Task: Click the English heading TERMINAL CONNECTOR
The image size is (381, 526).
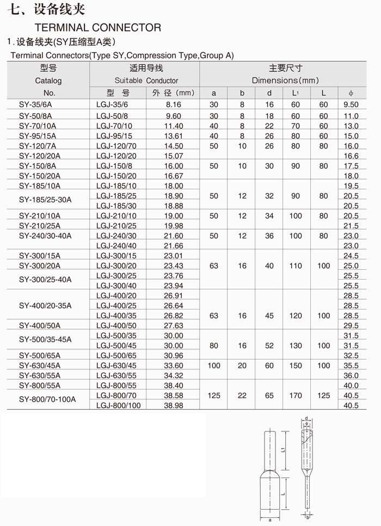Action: (x=98, y=27)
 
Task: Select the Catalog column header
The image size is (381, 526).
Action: (x=48, y=81)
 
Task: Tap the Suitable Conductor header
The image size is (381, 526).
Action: (x=146, y=81)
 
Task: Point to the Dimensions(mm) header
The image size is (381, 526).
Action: (x=285, y=81)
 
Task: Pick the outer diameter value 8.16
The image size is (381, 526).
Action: (x=173, y=104)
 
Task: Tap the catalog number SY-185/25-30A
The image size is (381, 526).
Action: (x=45, y=200)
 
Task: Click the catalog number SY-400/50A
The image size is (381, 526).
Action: (x=39, y=325)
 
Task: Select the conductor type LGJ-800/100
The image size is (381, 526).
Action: (x=118, y=406)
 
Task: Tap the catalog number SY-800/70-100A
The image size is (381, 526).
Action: (x=47, y=400)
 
